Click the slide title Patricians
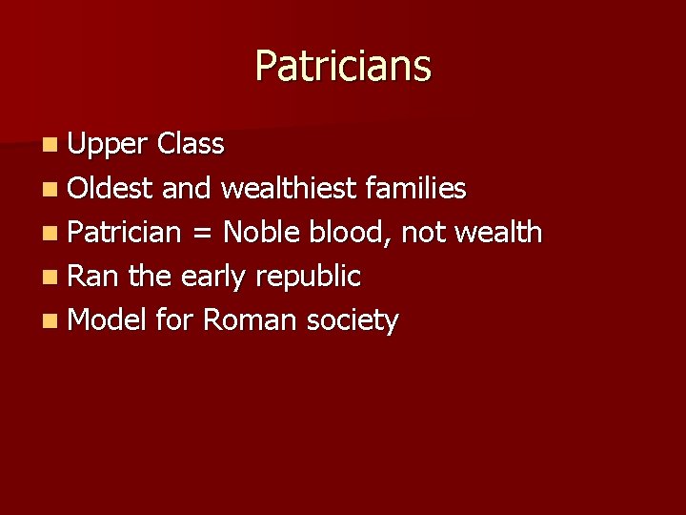pos(343,67)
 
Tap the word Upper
pos(109,145)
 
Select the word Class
pos(191,145)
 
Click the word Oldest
pos(111,189)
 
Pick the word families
pos(416,189)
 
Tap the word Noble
pos(262,233)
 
